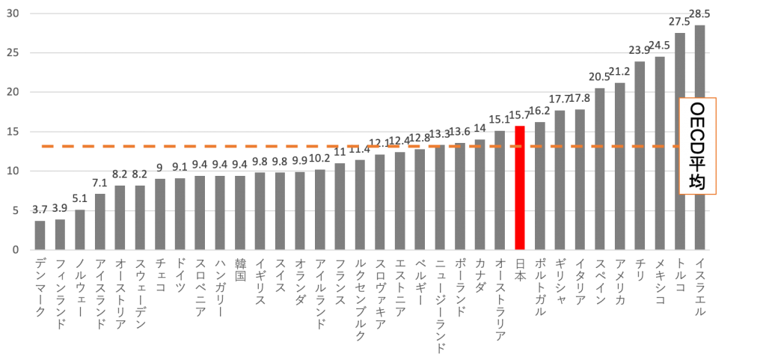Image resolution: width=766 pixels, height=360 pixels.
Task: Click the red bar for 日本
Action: pyautogui.click(x=520, y=188)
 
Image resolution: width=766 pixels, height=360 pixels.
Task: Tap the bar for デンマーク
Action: pyautogui.click(x=40, y=235)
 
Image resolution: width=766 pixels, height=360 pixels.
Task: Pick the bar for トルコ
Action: pyautogui.click(x=679, y=141)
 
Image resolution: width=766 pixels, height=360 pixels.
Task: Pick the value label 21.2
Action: pyautogui.click(x=619, y=72)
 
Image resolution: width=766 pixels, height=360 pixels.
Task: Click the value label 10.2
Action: pyautogui.click(x=319, y=158)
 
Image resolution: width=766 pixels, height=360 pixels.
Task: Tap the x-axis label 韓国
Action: pyautogui.click(x=240, y=270)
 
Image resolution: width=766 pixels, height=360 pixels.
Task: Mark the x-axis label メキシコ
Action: pyautogui.click(x=660, y=281)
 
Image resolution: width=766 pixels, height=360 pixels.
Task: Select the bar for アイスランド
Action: pyautogui.click(x=100, y=222)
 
